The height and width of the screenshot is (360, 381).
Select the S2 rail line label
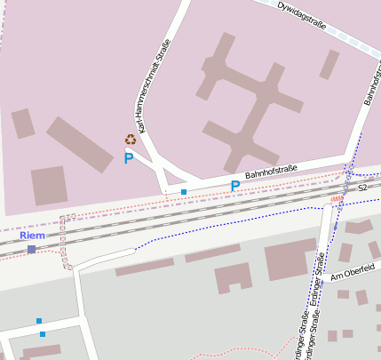pos(362,188)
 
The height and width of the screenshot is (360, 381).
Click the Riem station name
pos(32,236)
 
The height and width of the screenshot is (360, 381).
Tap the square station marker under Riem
pos(32,250)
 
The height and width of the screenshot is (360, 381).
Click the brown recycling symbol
pos(131,140)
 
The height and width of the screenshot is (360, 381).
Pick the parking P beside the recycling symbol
pos(129,159)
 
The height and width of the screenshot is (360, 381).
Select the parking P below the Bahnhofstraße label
pos(234,187)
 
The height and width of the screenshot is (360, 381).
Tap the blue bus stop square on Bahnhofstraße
pos(184,192)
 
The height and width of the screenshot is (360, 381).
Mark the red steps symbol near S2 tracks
pos(337,199)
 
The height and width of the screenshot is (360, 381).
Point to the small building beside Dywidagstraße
pos(329,64)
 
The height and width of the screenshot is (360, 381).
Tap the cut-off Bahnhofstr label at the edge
pos(372,84)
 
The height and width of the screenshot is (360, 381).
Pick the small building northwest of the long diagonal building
pos(23,123)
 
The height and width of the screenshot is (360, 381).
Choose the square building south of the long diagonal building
pos(50,185)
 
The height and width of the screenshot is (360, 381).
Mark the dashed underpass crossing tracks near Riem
pos(65,241)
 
